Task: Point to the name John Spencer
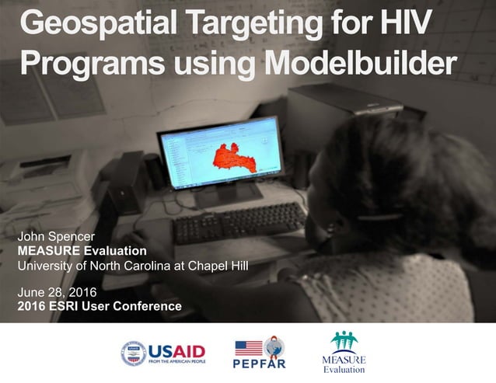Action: click(61, 236)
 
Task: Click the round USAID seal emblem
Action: click(134, 353)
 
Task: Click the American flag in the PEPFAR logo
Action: click(248, 348)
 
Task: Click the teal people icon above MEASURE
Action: click(343, 342)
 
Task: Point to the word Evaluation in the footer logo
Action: click(343, 370)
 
